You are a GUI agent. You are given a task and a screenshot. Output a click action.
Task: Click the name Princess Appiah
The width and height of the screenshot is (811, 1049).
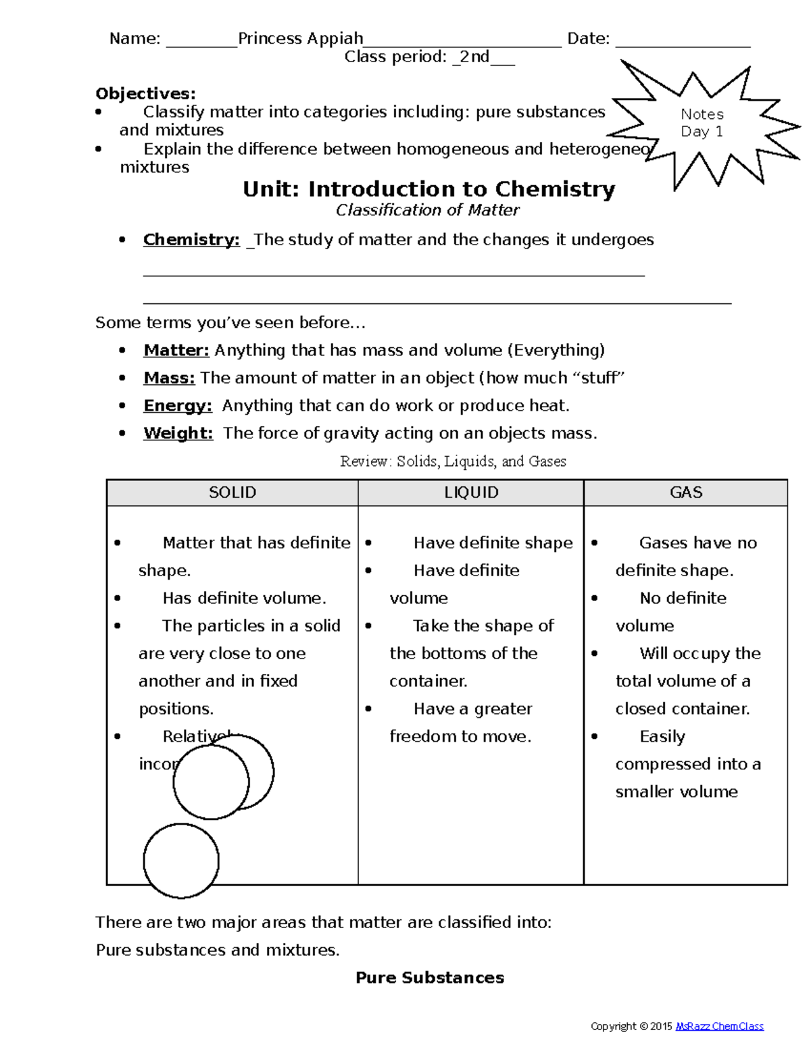[x=300, y=39]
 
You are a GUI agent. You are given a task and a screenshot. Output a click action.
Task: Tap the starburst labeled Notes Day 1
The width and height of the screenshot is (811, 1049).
[x=703, y=124]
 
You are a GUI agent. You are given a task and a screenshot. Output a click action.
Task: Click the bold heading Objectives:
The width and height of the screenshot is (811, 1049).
[x=145, y=93]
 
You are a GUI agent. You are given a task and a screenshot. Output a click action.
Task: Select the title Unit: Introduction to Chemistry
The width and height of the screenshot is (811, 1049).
[x=428, y=189]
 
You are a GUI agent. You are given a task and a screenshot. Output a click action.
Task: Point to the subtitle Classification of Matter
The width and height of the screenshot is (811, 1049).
[x=427, y=211]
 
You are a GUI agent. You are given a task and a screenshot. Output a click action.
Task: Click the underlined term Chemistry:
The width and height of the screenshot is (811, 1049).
[x=191, y=240]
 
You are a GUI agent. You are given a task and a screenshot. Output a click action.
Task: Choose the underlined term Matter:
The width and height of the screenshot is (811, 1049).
[x=176, y=350]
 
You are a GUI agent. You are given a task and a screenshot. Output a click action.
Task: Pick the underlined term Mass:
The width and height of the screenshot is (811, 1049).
[x=169, y=378]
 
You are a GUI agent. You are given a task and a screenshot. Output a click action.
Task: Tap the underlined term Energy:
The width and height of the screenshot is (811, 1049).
[x=178, y=405]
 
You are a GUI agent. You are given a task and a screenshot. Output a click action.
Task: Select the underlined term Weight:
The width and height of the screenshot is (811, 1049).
[x=178, y=433]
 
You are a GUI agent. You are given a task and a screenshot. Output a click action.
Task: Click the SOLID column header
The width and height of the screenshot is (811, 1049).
[x=232, y=492]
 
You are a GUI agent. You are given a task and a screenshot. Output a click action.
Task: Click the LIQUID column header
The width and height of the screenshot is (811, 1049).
[x=471, y=492]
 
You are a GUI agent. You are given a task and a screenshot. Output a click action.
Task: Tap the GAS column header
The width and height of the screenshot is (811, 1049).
[x=686, y=492]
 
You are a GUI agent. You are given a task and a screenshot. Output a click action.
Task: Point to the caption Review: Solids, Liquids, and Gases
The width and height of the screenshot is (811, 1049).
[x=453, y=461]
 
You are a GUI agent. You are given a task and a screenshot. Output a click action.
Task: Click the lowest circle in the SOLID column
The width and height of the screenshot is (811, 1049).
[x=181, y=861]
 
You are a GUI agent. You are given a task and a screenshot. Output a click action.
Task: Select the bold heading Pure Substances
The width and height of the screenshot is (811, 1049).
[x=430, y=978]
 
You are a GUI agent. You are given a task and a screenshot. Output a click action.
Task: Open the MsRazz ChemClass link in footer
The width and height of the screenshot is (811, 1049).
[x=719, y=1026]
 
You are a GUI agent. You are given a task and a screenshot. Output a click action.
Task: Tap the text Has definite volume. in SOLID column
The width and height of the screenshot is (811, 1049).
[x=244, y=598]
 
